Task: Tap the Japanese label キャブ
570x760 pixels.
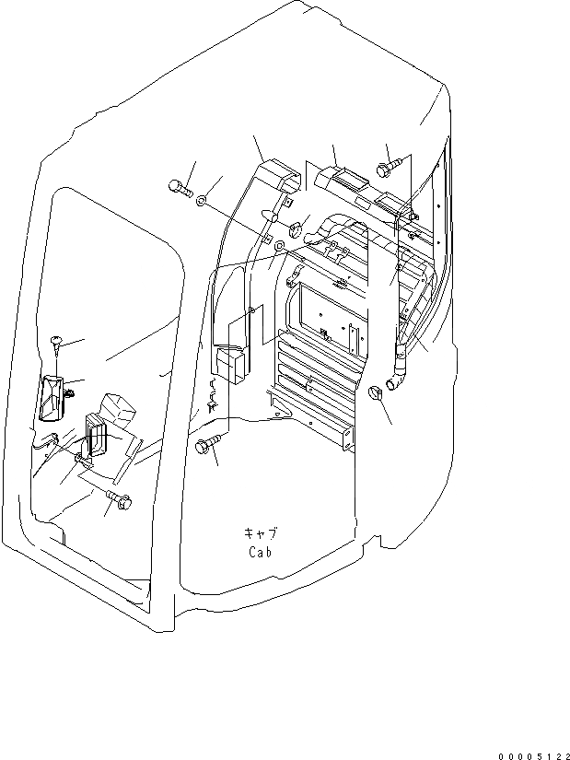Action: tap(261, 533)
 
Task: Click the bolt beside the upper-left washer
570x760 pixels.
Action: tap(179, 189)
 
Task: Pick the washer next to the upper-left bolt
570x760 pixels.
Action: tap(201, 198)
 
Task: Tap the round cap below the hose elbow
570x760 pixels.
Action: tap(376, 394)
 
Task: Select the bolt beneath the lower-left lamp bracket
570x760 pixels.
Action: tap(121, 500)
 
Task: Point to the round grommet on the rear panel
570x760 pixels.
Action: tap(297, 228)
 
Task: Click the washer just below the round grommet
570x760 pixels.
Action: tap(280, 249)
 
